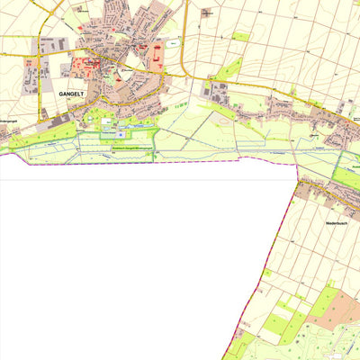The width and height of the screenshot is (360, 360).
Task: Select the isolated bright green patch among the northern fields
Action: coord(241,37)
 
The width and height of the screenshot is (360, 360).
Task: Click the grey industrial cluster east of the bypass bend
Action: coord(217,89)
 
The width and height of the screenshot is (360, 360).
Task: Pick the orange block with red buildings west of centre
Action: coord(86,65)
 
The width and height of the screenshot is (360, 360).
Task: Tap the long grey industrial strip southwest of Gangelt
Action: coord(63,117)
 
